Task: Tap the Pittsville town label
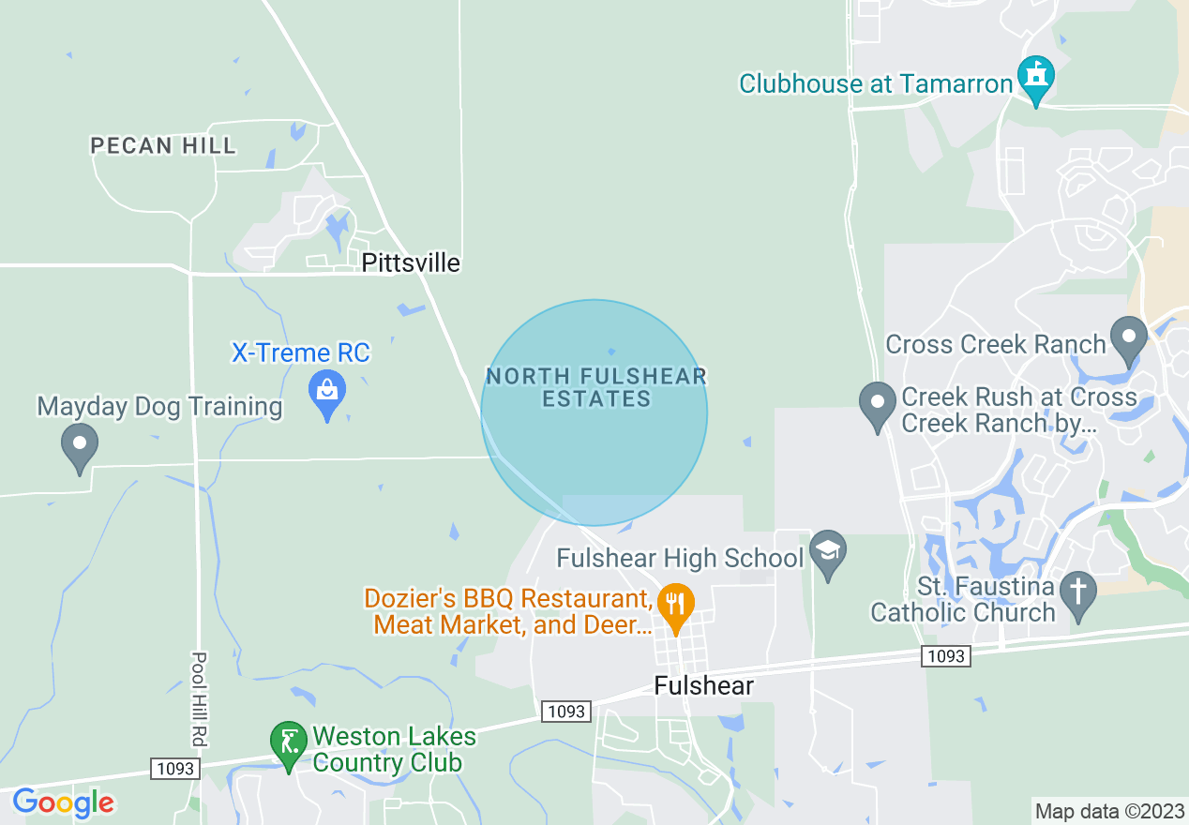click(411, 262)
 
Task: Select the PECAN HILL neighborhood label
click(163, 145)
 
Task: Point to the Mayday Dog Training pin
click(80, 445)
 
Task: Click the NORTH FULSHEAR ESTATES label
click(595, 387)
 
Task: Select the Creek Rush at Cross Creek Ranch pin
click(878, 405)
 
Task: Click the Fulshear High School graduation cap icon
click(828, 553)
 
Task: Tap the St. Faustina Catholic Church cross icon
click(1078, 593)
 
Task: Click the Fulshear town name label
click(703, 685)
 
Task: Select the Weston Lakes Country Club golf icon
click(289, 742)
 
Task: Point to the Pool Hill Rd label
click(199, 699)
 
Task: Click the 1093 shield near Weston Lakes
click(175, 769)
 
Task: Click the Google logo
click(63, 802)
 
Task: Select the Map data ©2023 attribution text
click(1107, 811)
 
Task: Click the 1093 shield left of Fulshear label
click(566, 712)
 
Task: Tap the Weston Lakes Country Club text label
click(394, 749)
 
